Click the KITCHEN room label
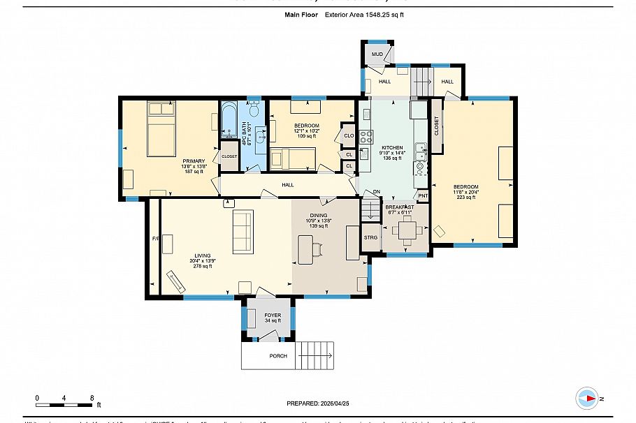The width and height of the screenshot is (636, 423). [x=391, y=148]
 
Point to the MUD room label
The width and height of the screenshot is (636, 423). [x=377, y=54]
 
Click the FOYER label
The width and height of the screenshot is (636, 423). [x=272, y=316]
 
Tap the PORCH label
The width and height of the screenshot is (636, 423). [x=277, y=355]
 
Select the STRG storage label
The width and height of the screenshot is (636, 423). [x=370, y=237]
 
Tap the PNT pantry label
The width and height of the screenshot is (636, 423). [x=422, y=195]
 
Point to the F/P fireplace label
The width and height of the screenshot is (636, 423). [x=156, y=239]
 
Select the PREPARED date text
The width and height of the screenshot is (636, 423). [x=317, y=403]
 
